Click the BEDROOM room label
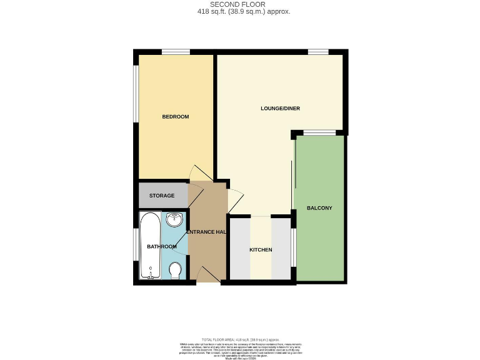tap(175, 117)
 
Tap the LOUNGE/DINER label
tap(280, 109)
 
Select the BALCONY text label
tap(319, 208)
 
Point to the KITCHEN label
tap(261, 250)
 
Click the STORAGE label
tap(161, 196)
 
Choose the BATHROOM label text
tap(161, 247)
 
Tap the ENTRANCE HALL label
tap(207, 232)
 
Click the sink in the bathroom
tap(175, 219)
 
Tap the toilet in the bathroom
tap(176, 271)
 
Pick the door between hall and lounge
tap(234, 200)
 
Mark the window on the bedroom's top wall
tap(176, 52)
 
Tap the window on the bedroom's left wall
tap(136, 93)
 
